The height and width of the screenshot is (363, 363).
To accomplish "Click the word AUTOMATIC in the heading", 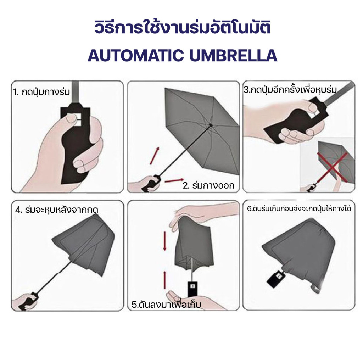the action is (x=136, y=56).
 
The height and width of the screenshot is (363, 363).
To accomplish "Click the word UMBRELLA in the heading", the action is (x=233, y=56).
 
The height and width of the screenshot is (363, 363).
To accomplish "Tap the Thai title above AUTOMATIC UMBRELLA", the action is (x=183, y=28).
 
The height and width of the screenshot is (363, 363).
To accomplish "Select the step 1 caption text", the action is (x=41, y=92).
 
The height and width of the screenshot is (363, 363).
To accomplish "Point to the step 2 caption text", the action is (x=208, y=185).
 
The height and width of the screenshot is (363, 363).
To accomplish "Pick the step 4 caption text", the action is (x=57, y=210).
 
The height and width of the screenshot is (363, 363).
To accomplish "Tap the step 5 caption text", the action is (x=166, y=304).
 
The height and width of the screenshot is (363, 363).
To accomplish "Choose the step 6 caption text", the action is (x=299, y=208).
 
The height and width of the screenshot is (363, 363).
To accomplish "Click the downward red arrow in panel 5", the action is (x=165, y=241).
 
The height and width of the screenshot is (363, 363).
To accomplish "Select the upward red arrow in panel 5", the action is (x=165, y=280).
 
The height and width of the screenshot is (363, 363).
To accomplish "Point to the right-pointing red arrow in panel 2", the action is (x=174, y=180).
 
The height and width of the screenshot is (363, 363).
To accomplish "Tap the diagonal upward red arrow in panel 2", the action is (x=155, y=156).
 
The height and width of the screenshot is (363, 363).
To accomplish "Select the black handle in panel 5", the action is (x=192, y=289).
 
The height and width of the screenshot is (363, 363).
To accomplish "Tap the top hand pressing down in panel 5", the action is (x=204, y=214).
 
